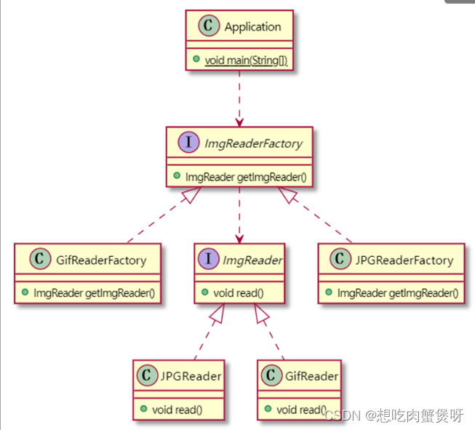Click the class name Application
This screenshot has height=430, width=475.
[252, 28]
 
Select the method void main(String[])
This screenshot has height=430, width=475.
[246, 60]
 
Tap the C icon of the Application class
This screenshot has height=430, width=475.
[208, 28]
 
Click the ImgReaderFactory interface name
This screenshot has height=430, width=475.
[252, 143]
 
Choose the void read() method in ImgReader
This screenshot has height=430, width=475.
[239, 293]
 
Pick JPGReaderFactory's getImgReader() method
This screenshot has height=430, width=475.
[397, 293]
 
